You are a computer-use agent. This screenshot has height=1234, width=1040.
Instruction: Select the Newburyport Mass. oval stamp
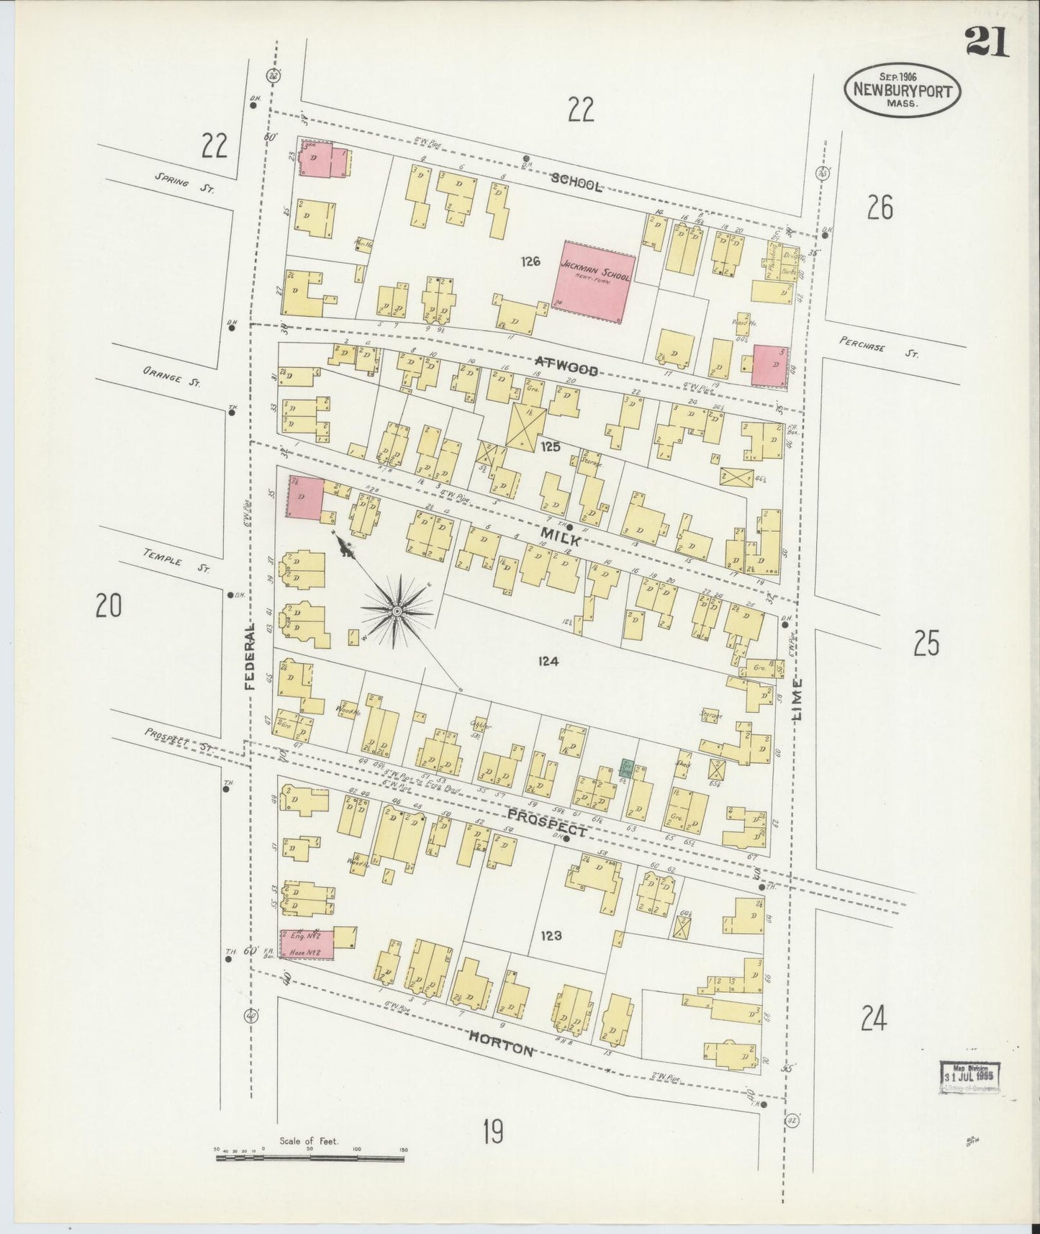pyautogui.click(x=904, y=90)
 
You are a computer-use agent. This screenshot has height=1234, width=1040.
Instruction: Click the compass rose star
pyautogui.click(x=397, y=611)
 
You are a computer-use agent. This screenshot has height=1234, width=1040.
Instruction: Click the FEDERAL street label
pyautogui.click(x=250, y=656)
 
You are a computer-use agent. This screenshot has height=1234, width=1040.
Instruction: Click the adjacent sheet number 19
pyautogui.click(x=493, y=1133)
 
